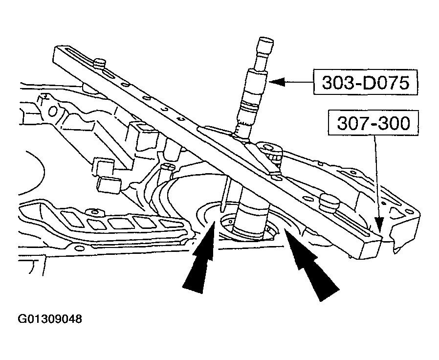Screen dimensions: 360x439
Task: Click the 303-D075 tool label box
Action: pyautogui.click(x=365, y=84)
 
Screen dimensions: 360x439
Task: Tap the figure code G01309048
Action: pyautogui.click(x=50, y=319)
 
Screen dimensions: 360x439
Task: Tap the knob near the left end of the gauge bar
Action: pyautogui.click(x=101, y=63)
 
